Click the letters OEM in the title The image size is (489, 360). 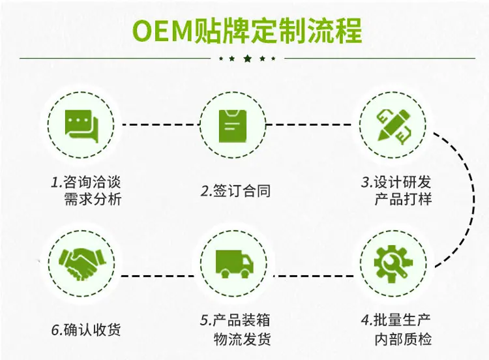162,31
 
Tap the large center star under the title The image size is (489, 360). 247,58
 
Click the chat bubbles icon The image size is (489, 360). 81,127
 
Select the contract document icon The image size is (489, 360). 233,126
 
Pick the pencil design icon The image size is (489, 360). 394,126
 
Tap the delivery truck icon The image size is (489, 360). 235,264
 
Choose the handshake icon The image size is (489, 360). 81,263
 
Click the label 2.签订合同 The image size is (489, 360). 235,191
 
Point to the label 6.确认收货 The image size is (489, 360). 86,330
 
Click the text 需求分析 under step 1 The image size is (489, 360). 93,200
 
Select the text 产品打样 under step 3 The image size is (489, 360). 403,200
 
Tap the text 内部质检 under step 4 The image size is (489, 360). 403,339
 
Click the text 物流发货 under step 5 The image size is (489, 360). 242,339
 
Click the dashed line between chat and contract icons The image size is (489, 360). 160,125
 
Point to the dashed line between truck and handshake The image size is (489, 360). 159,276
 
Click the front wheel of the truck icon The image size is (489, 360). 246,274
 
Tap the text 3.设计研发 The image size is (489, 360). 396,182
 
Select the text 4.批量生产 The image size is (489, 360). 396,320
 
